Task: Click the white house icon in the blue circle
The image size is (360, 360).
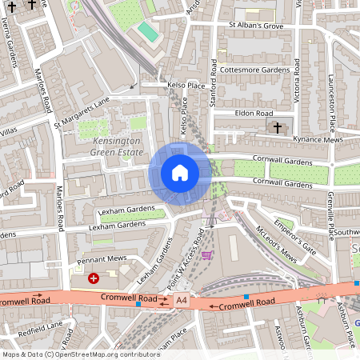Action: [x=180, y=172]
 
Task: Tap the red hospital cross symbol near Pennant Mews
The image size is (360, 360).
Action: [x=94, y=278]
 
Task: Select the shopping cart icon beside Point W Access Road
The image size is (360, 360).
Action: [x=208, y=256]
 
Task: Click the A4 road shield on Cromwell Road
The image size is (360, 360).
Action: [x=183, y=301]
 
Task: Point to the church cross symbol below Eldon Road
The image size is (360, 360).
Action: [x=278, y=128]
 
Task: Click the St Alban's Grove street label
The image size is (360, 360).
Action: [x=258, y=26]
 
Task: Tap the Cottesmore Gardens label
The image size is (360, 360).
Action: [x=254, y=70]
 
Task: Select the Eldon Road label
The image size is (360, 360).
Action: [x=254, y=114]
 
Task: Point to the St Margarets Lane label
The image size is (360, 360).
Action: [x=81, y=113]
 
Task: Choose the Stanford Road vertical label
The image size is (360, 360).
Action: [x=214, y=79]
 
